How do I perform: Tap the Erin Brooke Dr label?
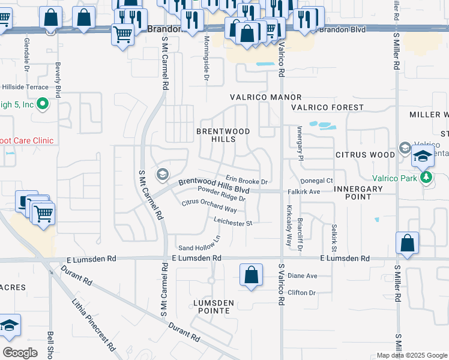click(246, 181)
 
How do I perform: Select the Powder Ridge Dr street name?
click(221, 194)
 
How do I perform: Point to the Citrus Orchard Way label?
click(209, 206)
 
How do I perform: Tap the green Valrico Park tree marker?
click(426, 177)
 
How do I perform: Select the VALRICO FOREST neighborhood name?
click(327, 107)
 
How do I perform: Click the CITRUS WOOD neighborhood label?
click(365, 155)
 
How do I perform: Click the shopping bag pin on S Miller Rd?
click(407, 244)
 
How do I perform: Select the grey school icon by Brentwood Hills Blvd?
click(161, 175)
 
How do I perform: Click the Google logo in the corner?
click(20, 352)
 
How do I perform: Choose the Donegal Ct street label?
click(316, 181)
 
